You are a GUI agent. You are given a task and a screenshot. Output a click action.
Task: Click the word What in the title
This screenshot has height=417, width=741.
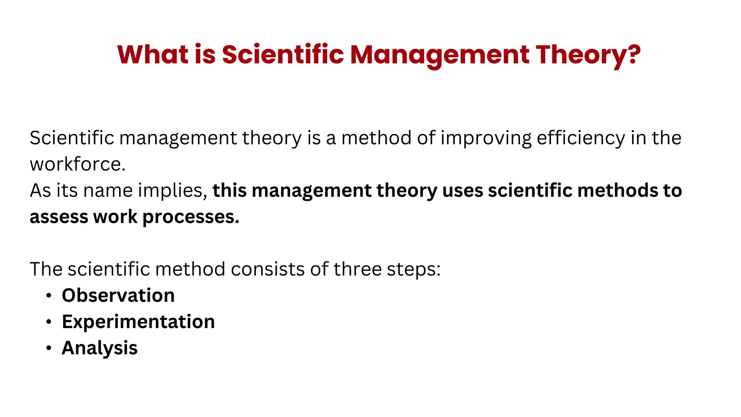tap(152, 55)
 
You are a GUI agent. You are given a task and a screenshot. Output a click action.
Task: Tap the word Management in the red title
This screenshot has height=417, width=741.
tap(439, 55)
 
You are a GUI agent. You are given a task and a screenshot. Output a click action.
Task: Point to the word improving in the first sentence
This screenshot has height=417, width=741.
tap(486, 138)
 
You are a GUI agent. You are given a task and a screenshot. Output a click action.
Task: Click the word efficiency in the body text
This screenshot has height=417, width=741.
tap(580, 138)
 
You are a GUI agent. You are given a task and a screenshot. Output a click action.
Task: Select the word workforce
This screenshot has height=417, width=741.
tap(77, 164)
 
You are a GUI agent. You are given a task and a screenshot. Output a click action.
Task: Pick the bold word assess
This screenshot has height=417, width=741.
tap(59, 217)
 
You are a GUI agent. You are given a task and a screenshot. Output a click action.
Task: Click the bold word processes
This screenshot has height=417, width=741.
tap(191, 217)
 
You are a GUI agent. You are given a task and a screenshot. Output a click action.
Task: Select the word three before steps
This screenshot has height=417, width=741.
tap(357, 269)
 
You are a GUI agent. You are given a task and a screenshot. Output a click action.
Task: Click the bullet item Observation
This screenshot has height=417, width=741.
tap(118, 295)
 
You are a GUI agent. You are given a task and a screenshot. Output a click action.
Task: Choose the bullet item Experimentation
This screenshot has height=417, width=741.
tap(138, 322)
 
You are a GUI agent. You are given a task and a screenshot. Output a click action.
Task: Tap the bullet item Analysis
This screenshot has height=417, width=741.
tap(99, 348)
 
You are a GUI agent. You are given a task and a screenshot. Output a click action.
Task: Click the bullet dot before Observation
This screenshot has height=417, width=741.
tap(49, 296)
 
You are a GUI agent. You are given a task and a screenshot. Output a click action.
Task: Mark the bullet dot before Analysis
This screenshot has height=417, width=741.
tap(49, 348)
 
